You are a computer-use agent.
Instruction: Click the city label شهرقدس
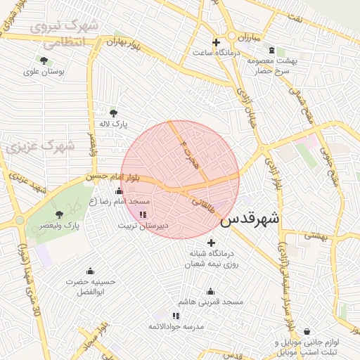pos(250,219)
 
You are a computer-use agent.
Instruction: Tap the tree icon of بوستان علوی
pos(44,60)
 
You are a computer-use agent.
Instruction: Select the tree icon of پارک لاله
pos(113,112)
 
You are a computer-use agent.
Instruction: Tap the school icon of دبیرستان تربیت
pos(143,214)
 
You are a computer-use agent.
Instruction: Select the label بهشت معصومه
pos(272,61)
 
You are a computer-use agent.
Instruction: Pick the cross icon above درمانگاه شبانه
pos(211,243)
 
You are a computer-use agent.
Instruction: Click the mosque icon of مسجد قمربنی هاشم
pos(210,291)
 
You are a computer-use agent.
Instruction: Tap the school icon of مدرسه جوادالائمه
pos(175,316)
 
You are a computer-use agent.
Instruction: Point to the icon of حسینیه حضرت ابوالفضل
pos(90,271)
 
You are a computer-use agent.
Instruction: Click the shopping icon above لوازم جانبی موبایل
pos(307,331)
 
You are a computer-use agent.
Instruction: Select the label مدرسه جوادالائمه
pos(176,327)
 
